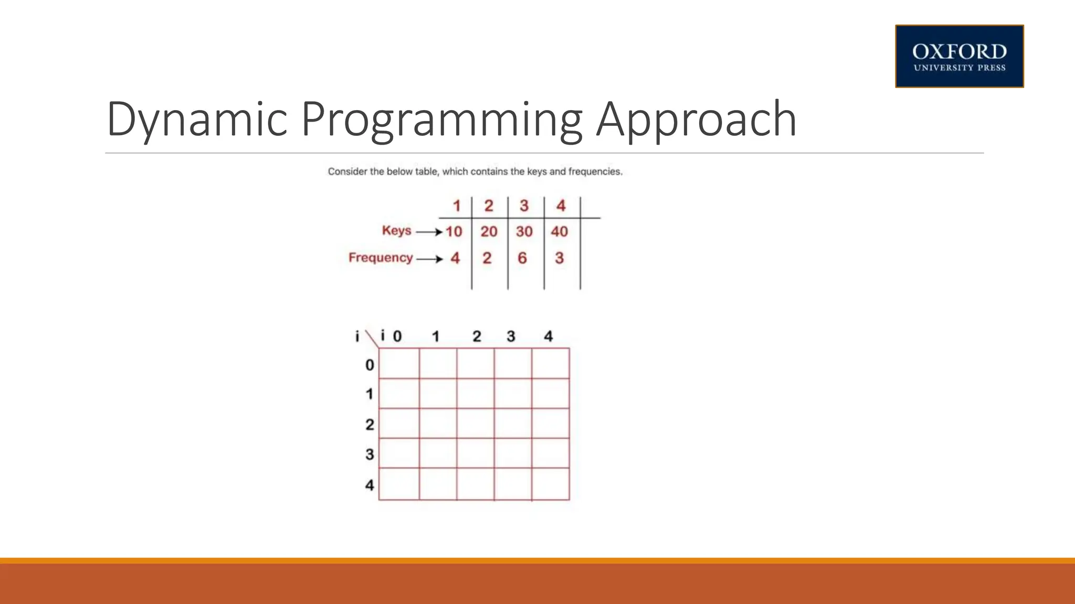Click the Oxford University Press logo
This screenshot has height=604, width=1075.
coord(959,56)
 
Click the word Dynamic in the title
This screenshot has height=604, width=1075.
coord(197,120)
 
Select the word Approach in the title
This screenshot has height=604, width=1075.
coord(697,120)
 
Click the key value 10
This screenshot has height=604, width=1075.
coord(454,231)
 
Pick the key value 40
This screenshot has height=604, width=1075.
coord(560,231)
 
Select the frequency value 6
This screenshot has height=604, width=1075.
coord(522,258)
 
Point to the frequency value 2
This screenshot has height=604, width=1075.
coord(487,258)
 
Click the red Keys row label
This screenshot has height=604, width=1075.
coord(396,230)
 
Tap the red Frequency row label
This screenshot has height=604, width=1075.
coord(381,257)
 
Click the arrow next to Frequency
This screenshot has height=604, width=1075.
coord(430,258)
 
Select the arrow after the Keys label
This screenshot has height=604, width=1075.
coord(429,232)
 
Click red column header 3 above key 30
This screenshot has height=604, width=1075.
coord(524,206)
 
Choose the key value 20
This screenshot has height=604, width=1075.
coord(489,231)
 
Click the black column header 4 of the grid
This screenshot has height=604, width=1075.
coord(549,336)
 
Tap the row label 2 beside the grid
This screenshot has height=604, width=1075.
coord(370,424)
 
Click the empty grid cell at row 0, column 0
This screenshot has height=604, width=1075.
coord(399,363)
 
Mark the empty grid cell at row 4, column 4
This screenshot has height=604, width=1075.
coord(551,484)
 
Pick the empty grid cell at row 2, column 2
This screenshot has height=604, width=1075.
coord(475,423)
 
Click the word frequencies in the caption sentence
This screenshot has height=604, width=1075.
coord(595,171)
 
